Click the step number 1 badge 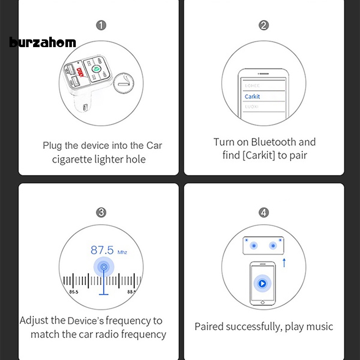pyautogui.click(x=101, y=26)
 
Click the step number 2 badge pyautogui.click(x=264, y=26)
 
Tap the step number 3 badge pyautogui.click(x=101, y=213)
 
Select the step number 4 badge pyautogui.click(x=264, y=213)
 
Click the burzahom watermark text pyautogui.click(x=43, y=43)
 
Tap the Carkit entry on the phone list pyautogui.click(x=252, y=96)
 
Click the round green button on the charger pyautogui.click(x=96, y=69)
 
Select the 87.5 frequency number pyautogui.click(x=102, y=250)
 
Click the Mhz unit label pyautogui.click(x=122, y=252)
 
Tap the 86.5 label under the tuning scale pyautogui.click(x=74, y=292)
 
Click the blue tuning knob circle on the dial pyautogui.click(x=104, y=267)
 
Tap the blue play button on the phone pyautogui.click(x=263, y=284)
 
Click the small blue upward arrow pyautogui.click(x=284, y=263)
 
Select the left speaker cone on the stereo pyautogui.click(x=254, y=246)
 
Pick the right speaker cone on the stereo pyautogui.click(x=273, y=246)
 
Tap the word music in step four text pyautogui.click(x=318, y=327)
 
